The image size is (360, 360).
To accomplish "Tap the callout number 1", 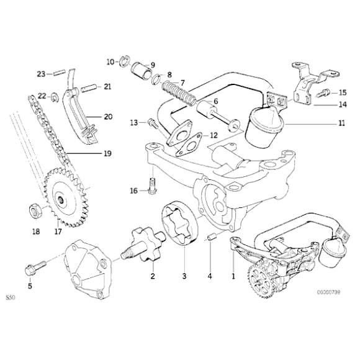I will click(x=233, y=274).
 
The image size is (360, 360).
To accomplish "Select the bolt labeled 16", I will click(x=151, y=184).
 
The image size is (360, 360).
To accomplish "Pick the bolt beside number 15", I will click(x=323, y=94).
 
